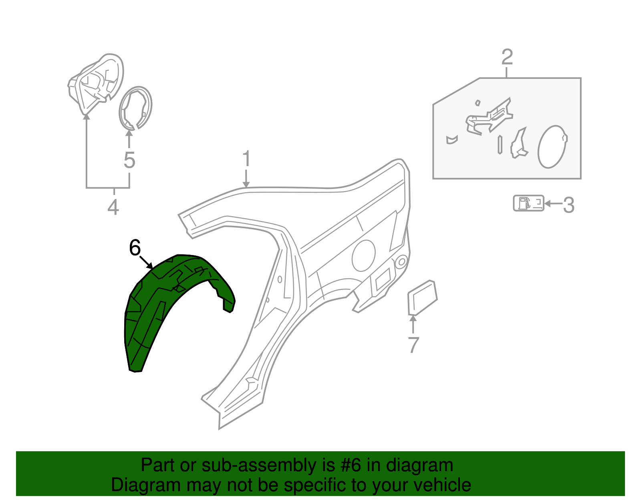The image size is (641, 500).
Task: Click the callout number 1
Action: (x=247, y=159)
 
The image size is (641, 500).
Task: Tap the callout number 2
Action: (x=507, y=57)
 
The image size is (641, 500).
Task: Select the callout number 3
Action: (x=569, y=205)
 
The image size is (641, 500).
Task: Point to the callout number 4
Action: (x=113, y=207)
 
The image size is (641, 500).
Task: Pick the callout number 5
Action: (x=129, y=160)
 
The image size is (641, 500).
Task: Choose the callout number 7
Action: (x=413, y=345)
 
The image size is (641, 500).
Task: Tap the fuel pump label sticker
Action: (x=528, y=203)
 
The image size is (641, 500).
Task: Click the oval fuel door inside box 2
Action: (x=552, y=147)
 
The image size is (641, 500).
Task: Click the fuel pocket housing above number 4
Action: (x=95, y=84)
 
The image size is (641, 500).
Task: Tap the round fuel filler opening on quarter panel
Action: (x=363, y=255)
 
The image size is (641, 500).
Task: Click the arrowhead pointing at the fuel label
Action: (x=548, y=203)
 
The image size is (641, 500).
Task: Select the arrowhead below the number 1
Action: (x=246, y=185)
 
